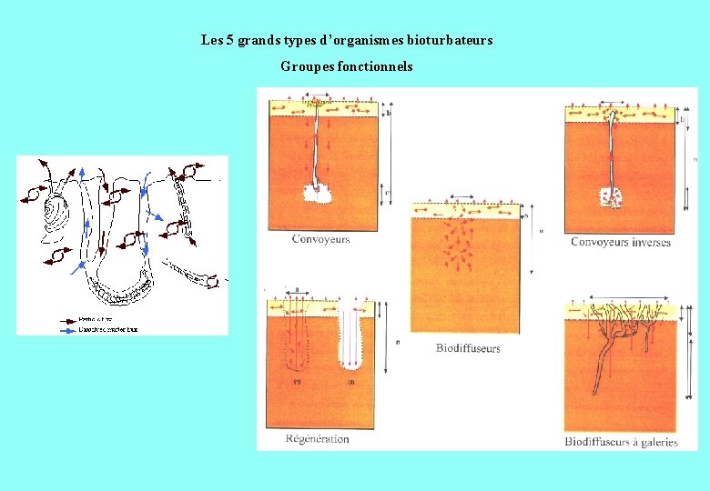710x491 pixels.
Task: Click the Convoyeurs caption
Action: pos(320,239)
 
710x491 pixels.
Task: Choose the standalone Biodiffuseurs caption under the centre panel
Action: pos(468,348)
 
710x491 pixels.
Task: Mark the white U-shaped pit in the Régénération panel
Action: pos(355,346)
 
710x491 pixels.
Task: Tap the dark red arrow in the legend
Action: pos(67,320)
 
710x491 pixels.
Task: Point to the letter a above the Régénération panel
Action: pos(296,287)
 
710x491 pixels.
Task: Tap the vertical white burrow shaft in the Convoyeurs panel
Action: pos(315,145)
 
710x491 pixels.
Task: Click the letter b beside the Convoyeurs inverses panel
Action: pos(684,119)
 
